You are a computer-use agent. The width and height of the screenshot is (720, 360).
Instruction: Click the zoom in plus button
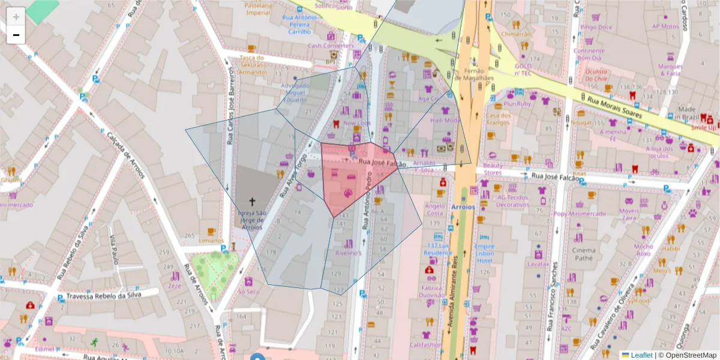16,16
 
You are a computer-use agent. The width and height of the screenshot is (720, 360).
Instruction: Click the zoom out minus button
16,35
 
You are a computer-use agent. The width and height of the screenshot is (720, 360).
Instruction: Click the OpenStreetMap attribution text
689,355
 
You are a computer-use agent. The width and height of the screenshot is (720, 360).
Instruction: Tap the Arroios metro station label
463,206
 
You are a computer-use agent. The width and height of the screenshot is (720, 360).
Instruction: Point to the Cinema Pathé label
584,254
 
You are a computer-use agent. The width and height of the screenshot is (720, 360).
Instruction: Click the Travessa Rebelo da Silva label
103,296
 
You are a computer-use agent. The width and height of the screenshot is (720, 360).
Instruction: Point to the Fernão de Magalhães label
474,74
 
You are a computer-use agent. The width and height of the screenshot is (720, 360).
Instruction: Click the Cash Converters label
331,46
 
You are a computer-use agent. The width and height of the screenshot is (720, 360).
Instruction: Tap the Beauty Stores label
493,169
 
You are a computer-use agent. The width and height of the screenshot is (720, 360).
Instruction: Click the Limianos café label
211,241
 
